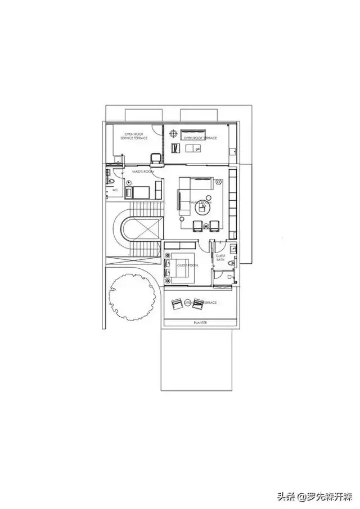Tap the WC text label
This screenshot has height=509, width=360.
pyautogui.click(x=115, y=190)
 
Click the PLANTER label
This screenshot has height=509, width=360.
pyautogui.click(x=200, y=323)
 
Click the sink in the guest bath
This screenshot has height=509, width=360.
pyautogui.click(x=233, y=248)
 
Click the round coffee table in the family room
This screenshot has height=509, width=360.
pyautogui.click(x=201, y=207)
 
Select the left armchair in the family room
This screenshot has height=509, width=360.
pyautogui.click(x=197, y=226)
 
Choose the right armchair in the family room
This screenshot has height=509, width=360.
pyautogui.click(x=214, y=226)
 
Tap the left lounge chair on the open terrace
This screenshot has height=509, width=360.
pyautogui.click(x=176, y=303)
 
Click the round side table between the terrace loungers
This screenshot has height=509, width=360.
pyautogui.click(x=188, y=302)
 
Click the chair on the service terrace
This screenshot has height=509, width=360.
pyautogui.click(x=155, y=159)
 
